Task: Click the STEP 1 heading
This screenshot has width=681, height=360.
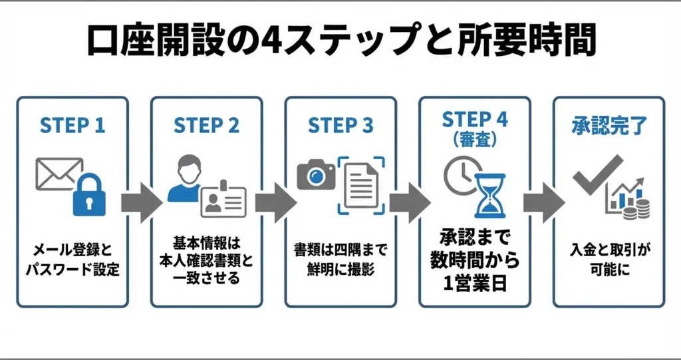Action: pyautogui.click(x=72, y=126)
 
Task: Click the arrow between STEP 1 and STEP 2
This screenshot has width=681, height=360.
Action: pyautogui.click(x=140, y=202)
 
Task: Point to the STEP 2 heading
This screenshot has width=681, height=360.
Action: pyautogui.click(x=206, y=126)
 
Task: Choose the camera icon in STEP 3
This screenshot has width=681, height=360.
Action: pyautogui.click(x=316, y=176)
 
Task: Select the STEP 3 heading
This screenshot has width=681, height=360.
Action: pyautogui.click(x=340, y=126)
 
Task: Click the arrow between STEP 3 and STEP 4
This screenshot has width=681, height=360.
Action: pyautogui.click(x=408, y=202)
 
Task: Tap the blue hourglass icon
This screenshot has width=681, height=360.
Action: pyautogui.click(x=490, y=194)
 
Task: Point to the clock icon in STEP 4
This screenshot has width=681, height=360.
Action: pyautogui.click(x=460, y=172)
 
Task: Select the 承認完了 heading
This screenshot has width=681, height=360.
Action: pyautogui.click(x=608, y=125)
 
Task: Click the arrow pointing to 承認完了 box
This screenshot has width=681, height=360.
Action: pyautogui.click(x=542, y=202)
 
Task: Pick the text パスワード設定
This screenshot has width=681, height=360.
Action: pyautogui.click(x=72, y=272)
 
